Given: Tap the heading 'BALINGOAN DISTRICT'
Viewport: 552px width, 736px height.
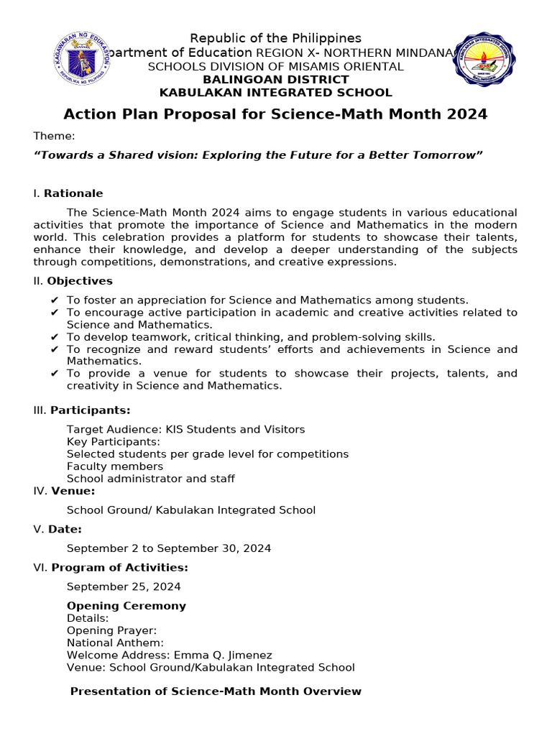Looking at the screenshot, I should [275, 80].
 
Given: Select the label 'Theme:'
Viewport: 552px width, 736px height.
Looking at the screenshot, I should [54, 137].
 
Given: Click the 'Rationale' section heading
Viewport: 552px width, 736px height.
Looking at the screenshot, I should [73, 193].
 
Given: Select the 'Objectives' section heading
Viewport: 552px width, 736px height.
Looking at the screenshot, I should [80, 281].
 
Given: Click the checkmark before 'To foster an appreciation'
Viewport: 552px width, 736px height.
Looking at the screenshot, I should [55, 300].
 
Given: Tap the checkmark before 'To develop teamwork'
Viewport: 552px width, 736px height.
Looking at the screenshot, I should [55, 337].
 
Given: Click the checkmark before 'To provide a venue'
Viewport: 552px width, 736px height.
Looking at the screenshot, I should [55, 374].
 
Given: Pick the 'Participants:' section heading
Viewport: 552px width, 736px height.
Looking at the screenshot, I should [90, 410].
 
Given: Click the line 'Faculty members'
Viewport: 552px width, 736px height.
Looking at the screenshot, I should [115, 466].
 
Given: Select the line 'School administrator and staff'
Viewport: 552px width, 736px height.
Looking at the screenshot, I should [151, 479].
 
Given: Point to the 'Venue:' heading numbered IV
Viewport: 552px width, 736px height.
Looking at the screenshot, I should [73, 491].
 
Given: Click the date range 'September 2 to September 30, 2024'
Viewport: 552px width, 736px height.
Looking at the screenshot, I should [169, 548].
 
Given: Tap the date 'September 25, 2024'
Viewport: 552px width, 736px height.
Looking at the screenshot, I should [124, 586].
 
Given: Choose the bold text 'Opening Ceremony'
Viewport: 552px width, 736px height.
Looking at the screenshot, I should [126, 606].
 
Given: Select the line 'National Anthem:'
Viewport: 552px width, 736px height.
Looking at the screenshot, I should [115, 643].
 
